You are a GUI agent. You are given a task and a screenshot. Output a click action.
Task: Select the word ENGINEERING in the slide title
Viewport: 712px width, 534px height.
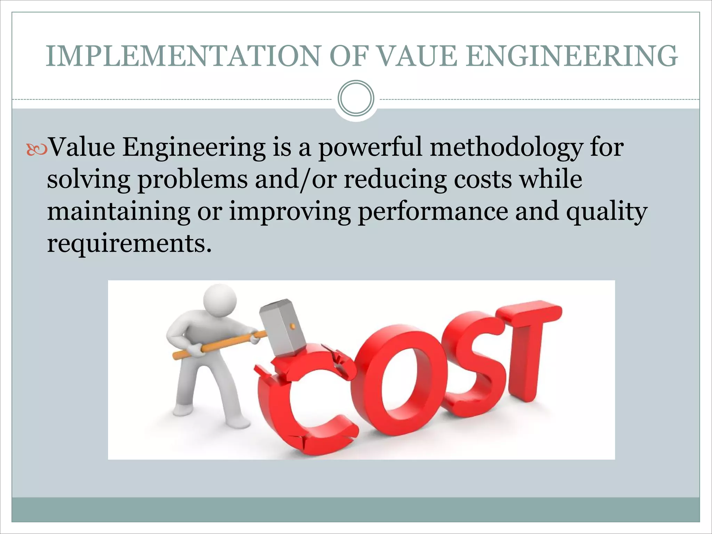click(x=572, y=56)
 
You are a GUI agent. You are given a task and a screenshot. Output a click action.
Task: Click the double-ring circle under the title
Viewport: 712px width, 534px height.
click(x=356, y=98)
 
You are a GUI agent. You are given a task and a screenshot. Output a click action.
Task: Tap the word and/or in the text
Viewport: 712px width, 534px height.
click(x=296, y=180)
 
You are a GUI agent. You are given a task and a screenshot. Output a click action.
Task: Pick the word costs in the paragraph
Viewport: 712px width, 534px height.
click(x=483, y=180)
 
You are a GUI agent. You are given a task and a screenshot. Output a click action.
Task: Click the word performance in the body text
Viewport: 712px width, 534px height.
click(x=433, y=212)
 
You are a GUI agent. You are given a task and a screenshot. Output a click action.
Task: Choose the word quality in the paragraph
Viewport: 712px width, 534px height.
click(x=607, y=212)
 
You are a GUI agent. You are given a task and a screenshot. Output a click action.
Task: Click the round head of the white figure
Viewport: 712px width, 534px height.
click(x=220, y=301)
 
